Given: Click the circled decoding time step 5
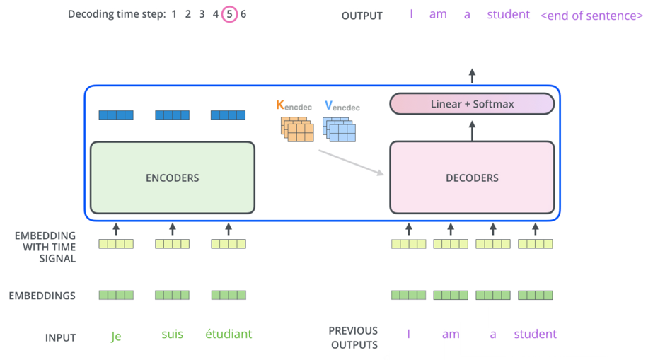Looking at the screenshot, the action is click(x=229, y=14).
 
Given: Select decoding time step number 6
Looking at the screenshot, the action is click(x=243, y=14).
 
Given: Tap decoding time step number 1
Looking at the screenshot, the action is click(x=174, y=14).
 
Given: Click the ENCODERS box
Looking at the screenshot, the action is click(x=173, y=178).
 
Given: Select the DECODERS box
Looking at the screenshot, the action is click(x=472, y=178).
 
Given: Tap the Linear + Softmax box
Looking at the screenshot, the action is click(x=472, y=104).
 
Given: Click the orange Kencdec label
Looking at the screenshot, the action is click(x=294, y=105).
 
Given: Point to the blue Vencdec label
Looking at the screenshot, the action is click(x=342, y=106).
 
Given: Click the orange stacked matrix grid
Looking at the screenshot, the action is click(x=297, y=129).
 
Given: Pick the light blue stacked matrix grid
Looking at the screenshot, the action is click(x=339, y=129).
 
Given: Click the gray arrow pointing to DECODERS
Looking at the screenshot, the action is click(x=351, y=163).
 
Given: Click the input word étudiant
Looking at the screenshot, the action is click(x=229, y=334).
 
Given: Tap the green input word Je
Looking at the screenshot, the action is click(x=116, y=335).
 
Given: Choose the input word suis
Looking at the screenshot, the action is click(x=173, y=334).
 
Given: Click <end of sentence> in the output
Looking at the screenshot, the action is click(x=591, y=16).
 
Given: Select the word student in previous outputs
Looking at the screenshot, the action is click(x=535, y=334).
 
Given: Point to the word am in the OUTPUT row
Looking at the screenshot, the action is click(x=438, y=15).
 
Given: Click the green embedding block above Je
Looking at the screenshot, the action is click(x=116, y=295).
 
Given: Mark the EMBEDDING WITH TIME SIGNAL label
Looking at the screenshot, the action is click(x=45, y=247).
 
